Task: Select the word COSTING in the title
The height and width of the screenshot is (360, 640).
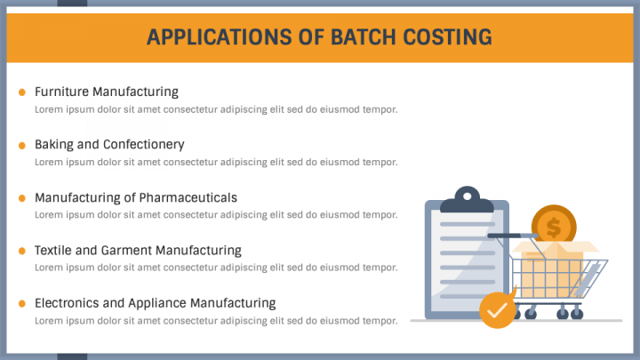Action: tap(447, 37)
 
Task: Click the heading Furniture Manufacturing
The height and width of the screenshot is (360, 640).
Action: tap(107, 92)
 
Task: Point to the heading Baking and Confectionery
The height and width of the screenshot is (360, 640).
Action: tap(109, 145)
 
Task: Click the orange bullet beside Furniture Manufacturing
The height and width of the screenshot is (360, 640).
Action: tap(22, 92)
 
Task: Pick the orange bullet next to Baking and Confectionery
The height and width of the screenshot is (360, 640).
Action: tap(22, 145)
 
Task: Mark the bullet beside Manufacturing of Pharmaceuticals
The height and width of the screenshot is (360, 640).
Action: tap(22, 198)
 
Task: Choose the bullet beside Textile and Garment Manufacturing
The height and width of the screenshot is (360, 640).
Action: tap(22, 251)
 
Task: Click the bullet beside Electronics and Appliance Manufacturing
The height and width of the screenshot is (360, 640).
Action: tap(22, 304)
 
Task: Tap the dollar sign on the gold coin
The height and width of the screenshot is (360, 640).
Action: tap(554, 228)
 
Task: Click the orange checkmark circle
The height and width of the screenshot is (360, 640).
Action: tap(497, 310)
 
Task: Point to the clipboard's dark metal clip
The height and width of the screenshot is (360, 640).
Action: tap(467, 200)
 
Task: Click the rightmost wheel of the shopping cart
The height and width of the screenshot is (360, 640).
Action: tap(576, 314)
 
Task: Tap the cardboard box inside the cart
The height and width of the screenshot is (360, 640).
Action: tap(553, 268)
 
